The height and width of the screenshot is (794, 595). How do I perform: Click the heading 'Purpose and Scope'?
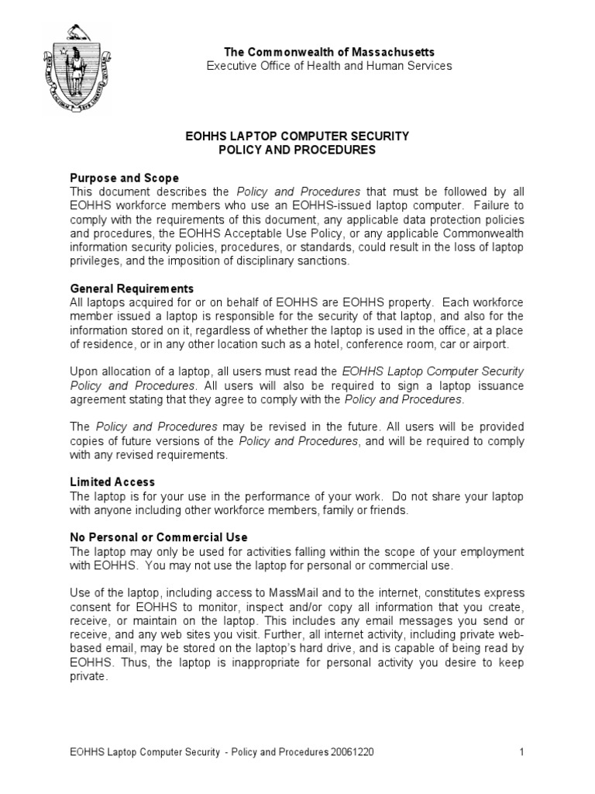pyautogui.click(x=124, y=178)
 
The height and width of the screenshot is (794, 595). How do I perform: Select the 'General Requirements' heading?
pyautogui.click(x=132, y=288)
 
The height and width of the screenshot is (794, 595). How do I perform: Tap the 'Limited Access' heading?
pyautogui.click(x=112, y=482)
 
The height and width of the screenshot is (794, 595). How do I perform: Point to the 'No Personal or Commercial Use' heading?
pyautogui.click(x=159, y=537)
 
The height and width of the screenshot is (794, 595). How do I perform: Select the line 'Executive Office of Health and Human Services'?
pyautogui.click(x=328, y=66)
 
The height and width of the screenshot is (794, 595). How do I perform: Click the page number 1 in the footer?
pyautogui.click(x=522, y=752)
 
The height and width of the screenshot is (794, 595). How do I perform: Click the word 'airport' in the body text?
pyautogui.click(x=490, y=344)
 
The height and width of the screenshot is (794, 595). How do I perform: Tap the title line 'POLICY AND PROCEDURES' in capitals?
pyautogui.click(x=297, y=150)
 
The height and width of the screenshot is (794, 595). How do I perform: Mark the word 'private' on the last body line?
pyautogui.click(x=87, y=677)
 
